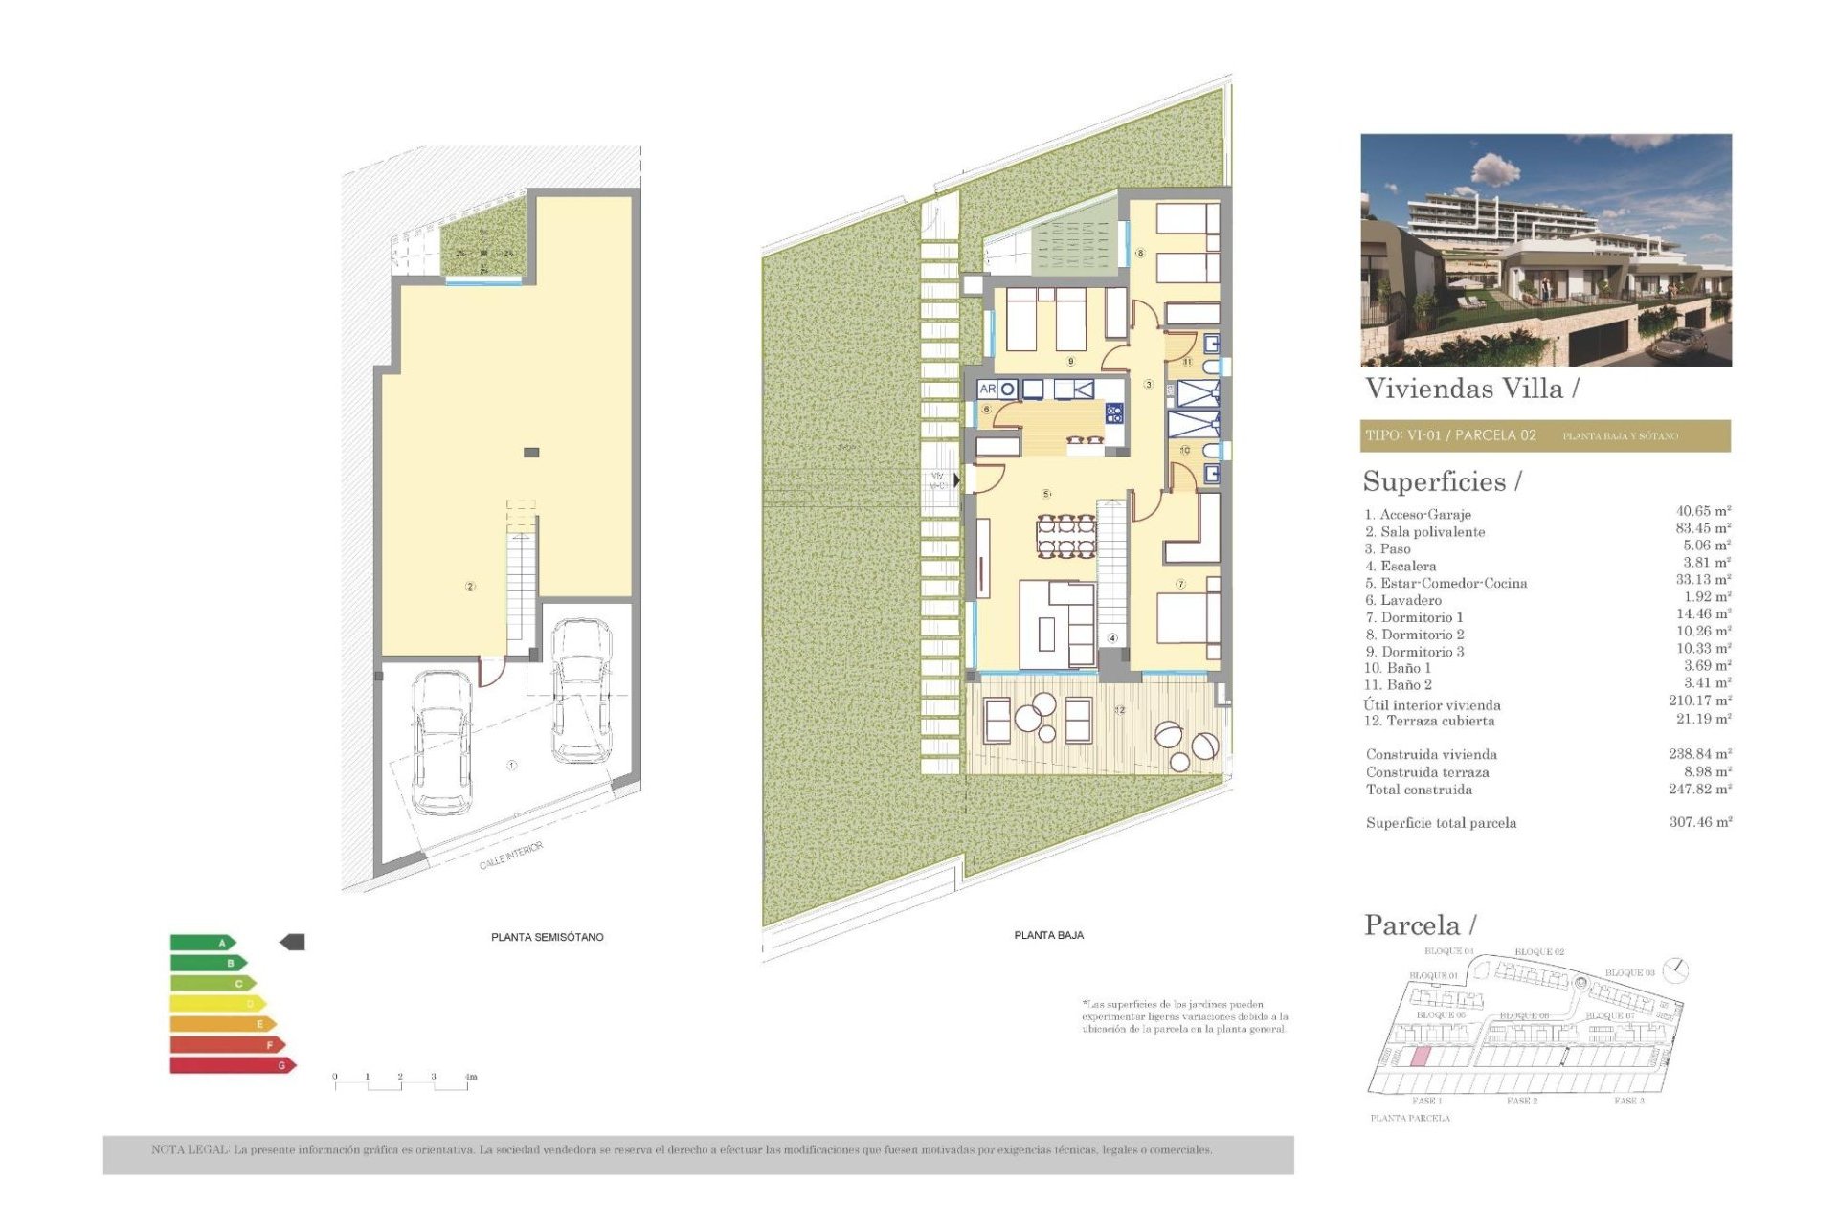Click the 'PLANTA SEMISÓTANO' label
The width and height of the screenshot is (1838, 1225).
[547, 937]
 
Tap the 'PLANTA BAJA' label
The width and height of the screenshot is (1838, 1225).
[1048, 935]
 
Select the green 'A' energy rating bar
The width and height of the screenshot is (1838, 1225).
[202, 943]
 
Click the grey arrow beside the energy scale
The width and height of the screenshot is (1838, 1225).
[292, 943]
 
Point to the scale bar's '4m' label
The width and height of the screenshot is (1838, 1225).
[470, 1077]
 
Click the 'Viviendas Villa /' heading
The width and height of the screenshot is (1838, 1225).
[1471, 389]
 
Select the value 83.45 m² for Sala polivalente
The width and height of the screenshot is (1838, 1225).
[1702, 528]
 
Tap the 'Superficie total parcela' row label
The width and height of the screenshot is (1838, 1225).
[1441, 823]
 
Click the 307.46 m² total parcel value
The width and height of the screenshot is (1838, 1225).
[1700, 822]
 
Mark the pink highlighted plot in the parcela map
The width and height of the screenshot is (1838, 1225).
[1422, 1057]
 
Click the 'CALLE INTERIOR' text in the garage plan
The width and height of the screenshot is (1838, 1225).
[511, 856]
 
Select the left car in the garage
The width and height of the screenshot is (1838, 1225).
[440, 741]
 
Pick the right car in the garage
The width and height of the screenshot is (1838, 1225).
[581, 691]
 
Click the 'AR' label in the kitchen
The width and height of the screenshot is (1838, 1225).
[987, 390]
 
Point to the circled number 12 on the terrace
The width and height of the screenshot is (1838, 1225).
[1119, 710]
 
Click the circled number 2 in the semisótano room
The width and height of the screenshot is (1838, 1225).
[470, 587]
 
